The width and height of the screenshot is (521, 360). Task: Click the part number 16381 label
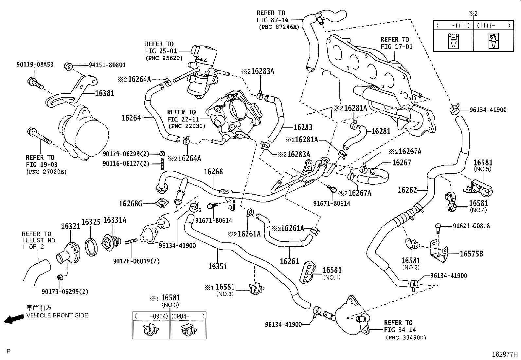pos(104,93)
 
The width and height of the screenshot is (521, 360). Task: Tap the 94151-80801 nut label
pos(107,65)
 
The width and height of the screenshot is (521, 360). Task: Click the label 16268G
pos(131,204)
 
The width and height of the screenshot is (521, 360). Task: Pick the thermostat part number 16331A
pos(115,220)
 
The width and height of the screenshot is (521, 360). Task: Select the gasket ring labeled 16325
pos(91,222)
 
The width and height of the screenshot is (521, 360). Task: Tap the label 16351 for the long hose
pos(218,266)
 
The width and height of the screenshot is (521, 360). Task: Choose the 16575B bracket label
pos(471,254)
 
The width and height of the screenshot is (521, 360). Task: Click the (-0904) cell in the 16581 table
pos(151,316)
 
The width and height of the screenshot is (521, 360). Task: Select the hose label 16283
pos(303,127)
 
